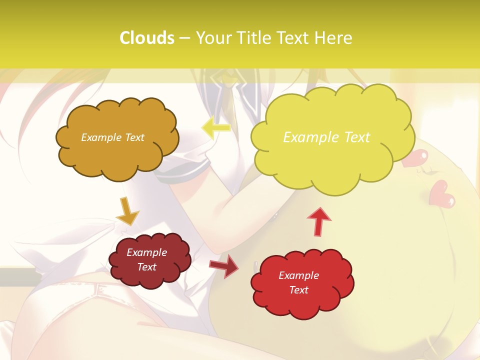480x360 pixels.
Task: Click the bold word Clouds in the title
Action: click(x=146, y=38)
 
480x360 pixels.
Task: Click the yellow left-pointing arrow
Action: click(x=216, y=128)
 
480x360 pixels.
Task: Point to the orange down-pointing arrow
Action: click(x=128, y=211)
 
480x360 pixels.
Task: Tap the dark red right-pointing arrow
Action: click(x=224, y=265)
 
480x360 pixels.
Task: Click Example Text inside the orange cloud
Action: click(x=112, y=137)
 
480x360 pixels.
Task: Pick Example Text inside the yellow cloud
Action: click(x=326, y=137)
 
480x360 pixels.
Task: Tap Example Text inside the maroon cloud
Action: click(x=146, y=259)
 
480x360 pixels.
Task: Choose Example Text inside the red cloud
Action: click(x=298, y=282)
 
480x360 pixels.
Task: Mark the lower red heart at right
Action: click(x=442, y=194)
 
